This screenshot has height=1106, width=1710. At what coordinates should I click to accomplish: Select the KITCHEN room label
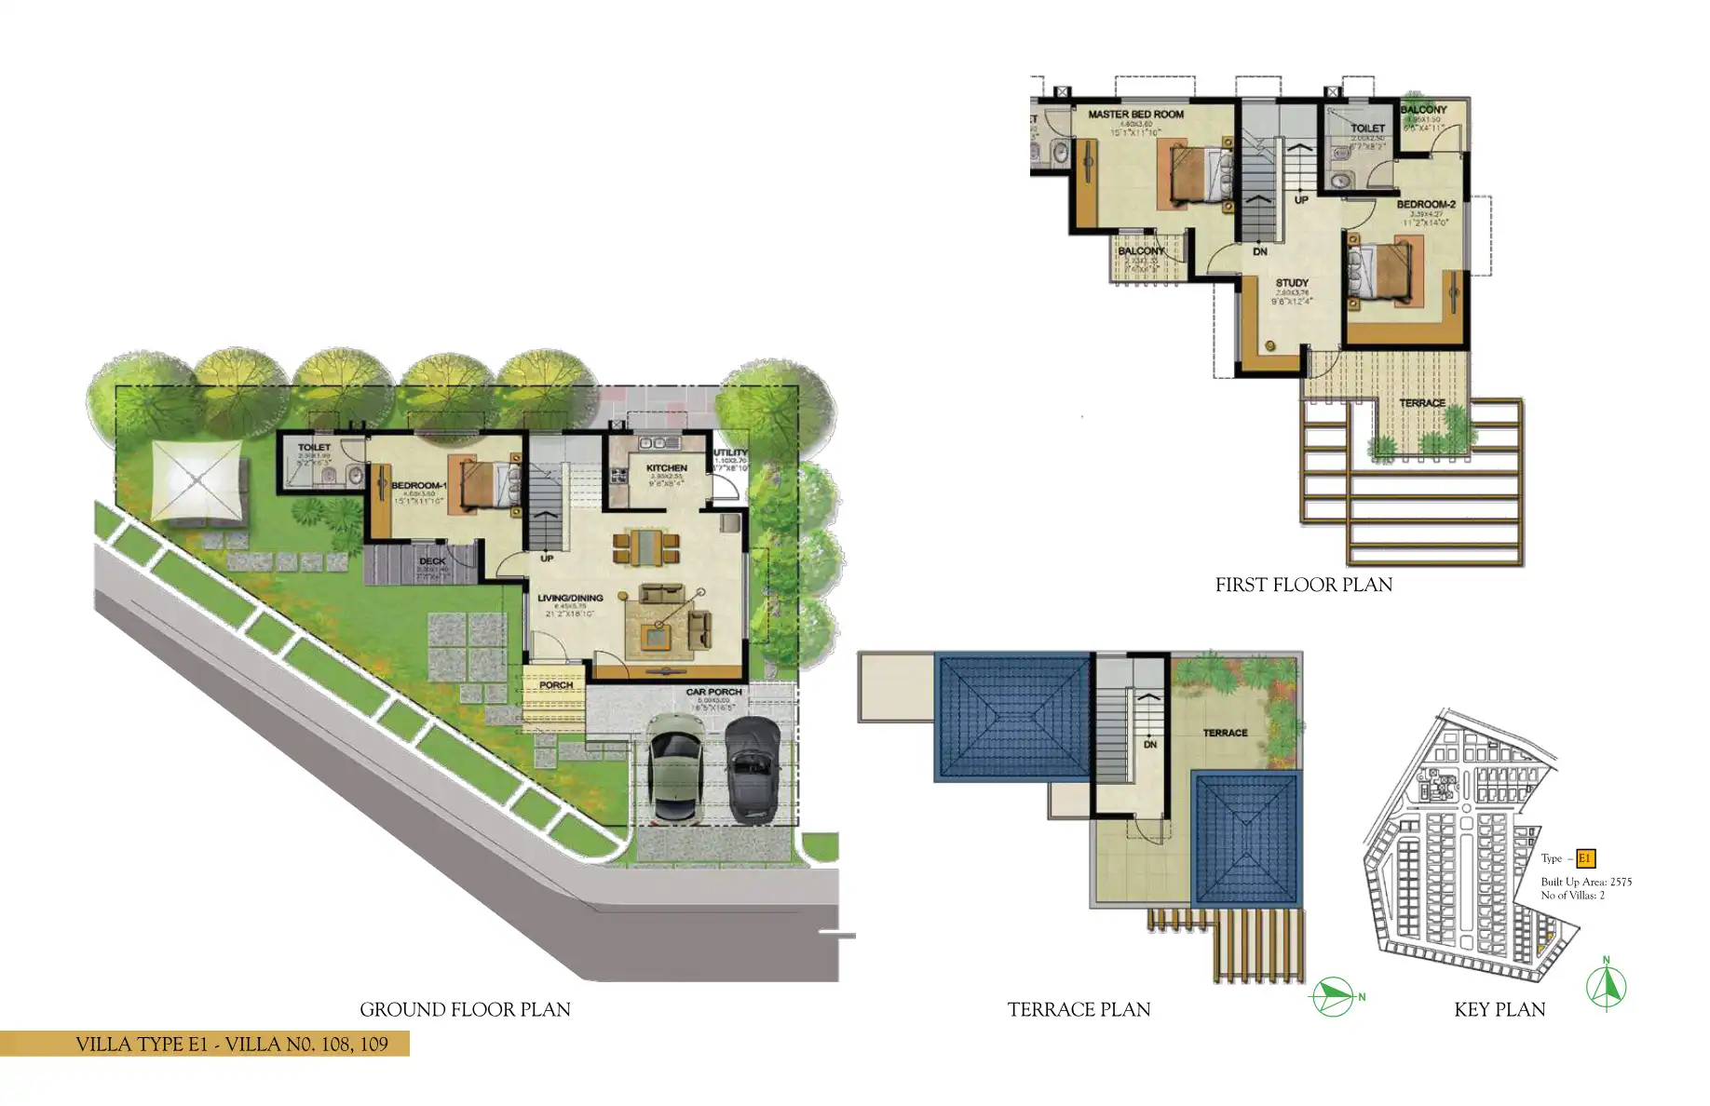(x=667, y=468)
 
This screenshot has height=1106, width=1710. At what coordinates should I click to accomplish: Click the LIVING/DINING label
(x=570, y=599)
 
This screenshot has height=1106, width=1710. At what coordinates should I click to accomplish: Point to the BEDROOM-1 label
(x=418, y=486)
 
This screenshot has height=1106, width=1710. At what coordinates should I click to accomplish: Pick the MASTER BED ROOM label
(x=1136, y=115)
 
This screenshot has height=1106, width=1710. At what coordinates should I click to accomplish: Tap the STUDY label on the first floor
(x=1292, y=283)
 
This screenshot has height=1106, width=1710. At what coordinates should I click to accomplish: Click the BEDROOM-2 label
(x=1426, y=205)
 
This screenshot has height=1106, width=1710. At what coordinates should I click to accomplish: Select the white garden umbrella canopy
(x=197, y=479)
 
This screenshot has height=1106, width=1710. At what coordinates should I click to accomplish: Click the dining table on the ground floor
(x=645, y=546)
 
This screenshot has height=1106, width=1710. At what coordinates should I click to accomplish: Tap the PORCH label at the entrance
(x=556, y=685)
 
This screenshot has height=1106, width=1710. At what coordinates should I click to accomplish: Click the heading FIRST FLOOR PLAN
(x=1303, y=586)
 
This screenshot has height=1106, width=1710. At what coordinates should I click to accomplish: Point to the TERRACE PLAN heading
(x=1079, y=1010)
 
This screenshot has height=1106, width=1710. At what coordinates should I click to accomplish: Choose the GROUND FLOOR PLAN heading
(x=465, y=1010)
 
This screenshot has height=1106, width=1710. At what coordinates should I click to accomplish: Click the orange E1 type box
(x=1585, y=859)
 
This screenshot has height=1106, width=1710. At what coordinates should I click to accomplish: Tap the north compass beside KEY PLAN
(x=1607, y=985)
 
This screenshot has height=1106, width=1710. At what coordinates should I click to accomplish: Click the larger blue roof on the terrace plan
(x=1012, y=717)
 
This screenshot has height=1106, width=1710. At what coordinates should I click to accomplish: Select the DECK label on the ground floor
(x=432, y=561)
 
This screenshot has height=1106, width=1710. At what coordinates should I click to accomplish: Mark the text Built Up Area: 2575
(x=1586, y=882)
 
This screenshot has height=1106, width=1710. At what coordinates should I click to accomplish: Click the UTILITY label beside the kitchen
(x=730, y=453)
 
